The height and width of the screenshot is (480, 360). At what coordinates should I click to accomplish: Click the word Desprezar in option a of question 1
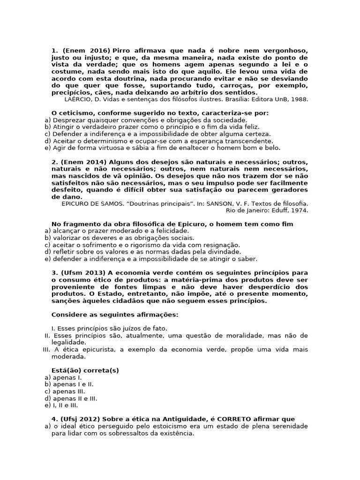[x=68, y=120]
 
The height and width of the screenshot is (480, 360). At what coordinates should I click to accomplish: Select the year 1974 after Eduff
[x=300, y=210]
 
